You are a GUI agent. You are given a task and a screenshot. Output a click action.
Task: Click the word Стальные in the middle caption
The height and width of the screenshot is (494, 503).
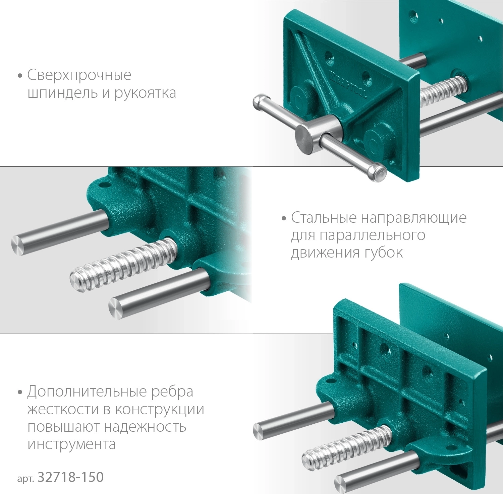pos(324,218)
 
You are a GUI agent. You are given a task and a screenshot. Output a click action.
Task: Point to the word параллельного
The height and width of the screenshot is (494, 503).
pos(372,235)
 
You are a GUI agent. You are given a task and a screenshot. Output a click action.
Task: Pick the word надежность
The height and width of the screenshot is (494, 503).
pos(145,427)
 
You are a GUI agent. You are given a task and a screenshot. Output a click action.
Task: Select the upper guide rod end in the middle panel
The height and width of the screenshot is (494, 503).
pos(19,242)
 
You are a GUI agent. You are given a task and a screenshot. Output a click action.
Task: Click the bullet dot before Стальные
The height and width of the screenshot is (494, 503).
pos(284,219)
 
